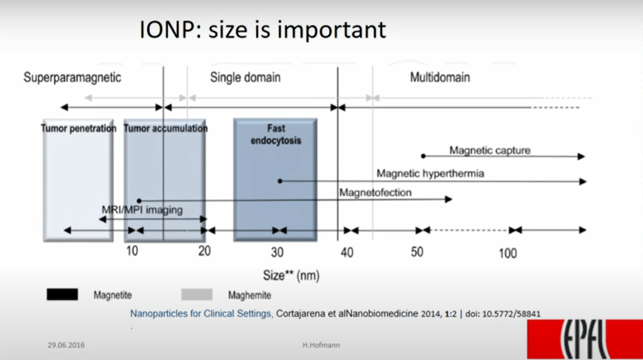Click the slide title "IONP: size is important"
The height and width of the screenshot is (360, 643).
coord(262,30)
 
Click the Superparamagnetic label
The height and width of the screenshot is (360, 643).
coord(72,78)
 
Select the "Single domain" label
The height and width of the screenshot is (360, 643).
coord(245,77)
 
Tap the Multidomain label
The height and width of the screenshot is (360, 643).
coord(440,77)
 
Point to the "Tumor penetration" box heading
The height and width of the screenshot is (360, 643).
coord(79,128)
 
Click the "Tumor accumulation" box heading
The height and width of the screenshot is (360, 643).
coord(166,128)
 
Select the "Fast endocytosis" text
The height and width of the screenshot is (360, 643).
coord(276,134)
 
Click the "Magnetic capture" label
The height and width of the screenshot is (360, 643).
coord(490,151)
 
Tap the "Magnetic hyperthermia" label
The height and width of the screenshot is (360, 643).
coord(430,173)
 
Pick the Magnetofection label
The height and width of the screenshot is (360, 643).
coord(375,192)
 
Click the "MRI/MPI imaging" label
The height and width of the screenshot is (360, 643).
coord(142,210)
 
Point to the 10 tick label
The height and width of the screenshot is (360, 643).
coord(132,251)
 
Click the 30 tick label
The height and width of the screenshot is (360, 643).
coord(277,252)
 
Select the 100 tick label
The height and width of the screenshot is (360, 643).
coord(508,253)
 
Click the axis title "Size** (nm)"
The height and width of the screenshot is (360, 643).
coord(291,275)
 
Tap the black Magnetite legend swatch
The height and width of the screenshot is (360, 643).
coord(62,294)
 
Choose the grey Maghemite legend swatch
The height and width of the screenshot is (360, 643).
coord(197,294)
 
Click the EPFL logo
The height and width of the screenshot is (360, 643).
coord(585,339)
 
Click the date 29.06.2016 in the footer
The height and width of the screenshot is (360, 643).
coord(66,345)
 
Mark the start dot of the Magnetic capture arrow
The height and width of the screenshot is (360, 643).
coord(423,156)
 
